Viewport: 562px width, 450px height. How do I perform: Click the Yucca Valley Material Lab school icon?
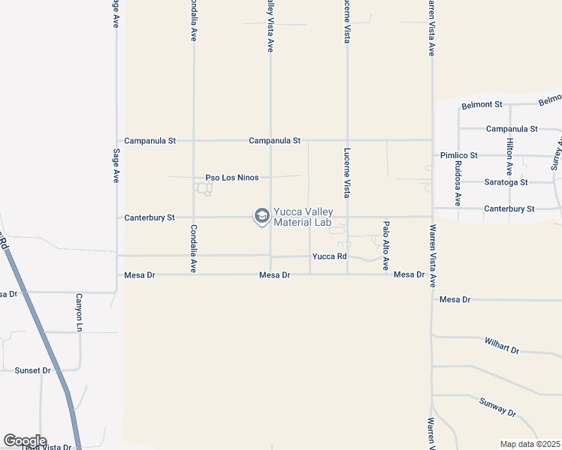261,217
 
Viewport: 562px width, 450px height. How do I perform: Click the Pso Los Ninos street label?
232,178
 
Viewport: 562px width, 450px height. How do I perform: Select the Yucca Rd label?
329,256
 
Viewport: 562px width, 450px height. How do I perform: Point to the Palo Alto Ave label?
386,245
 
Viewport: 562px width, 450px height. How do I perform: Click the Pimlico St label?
459,155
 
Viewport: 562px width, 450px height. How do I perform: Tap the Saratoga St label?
506,182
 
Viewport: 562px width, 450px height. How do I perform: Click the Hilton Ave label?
509,157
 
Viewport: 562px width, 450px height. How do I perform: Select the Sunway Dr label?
497,407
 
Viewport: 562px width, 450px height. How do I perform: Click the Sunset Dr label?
32,370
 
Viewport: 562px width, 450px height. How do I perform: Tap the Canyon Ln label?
78,312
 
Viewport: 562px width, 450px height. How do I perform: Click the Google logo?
25,441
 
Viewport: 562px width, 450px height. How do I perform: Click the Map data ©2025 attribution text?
530,444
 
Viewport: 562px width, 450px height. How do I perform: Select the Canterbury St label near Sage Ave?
149,217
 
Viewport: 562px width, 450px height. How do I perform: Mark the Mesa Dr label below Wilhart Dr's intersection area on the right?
455,300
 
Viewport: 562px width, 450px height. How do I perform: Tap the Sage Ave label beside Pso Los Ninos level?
116,166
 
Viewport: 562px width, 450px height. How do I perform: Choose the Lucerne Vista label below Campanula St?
347,172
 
